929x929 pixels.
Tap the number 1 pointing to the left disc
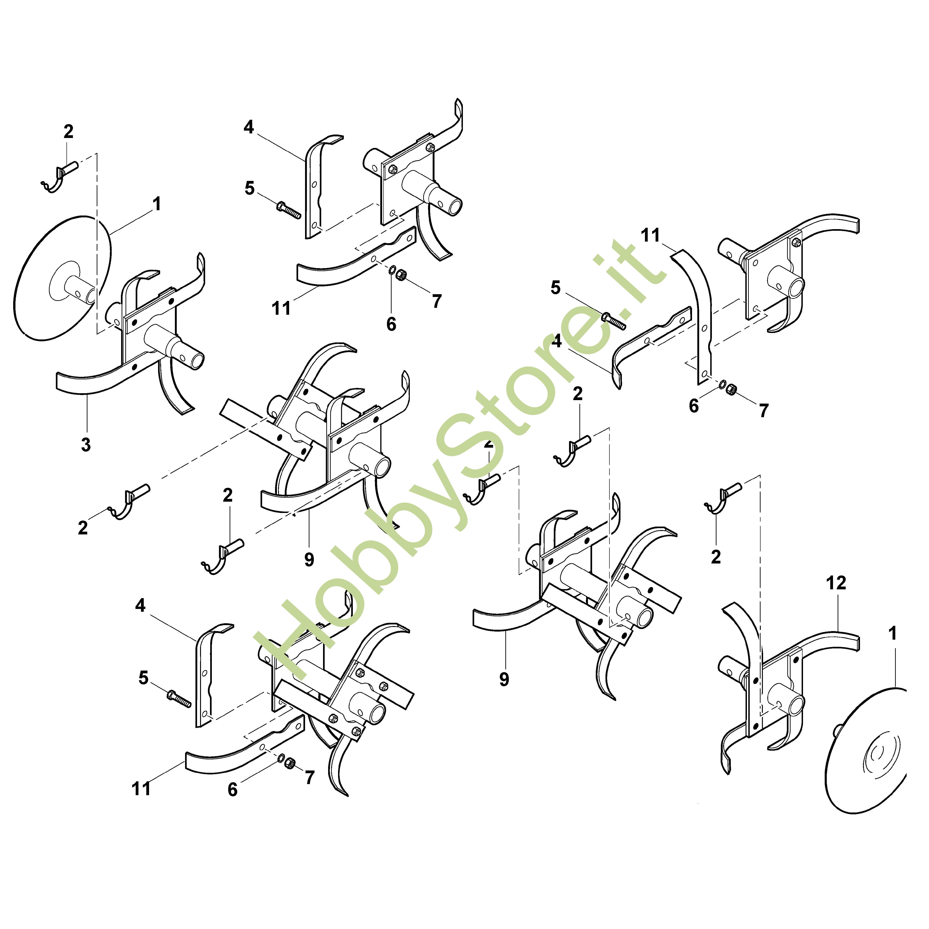click(157, 204)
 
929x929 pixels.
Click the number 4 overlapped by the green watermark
click(557, 341)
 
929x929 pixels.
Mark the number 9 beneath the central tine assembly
click(309, 559)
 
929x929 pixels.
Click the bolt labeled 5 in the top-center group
click(288, 210)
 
